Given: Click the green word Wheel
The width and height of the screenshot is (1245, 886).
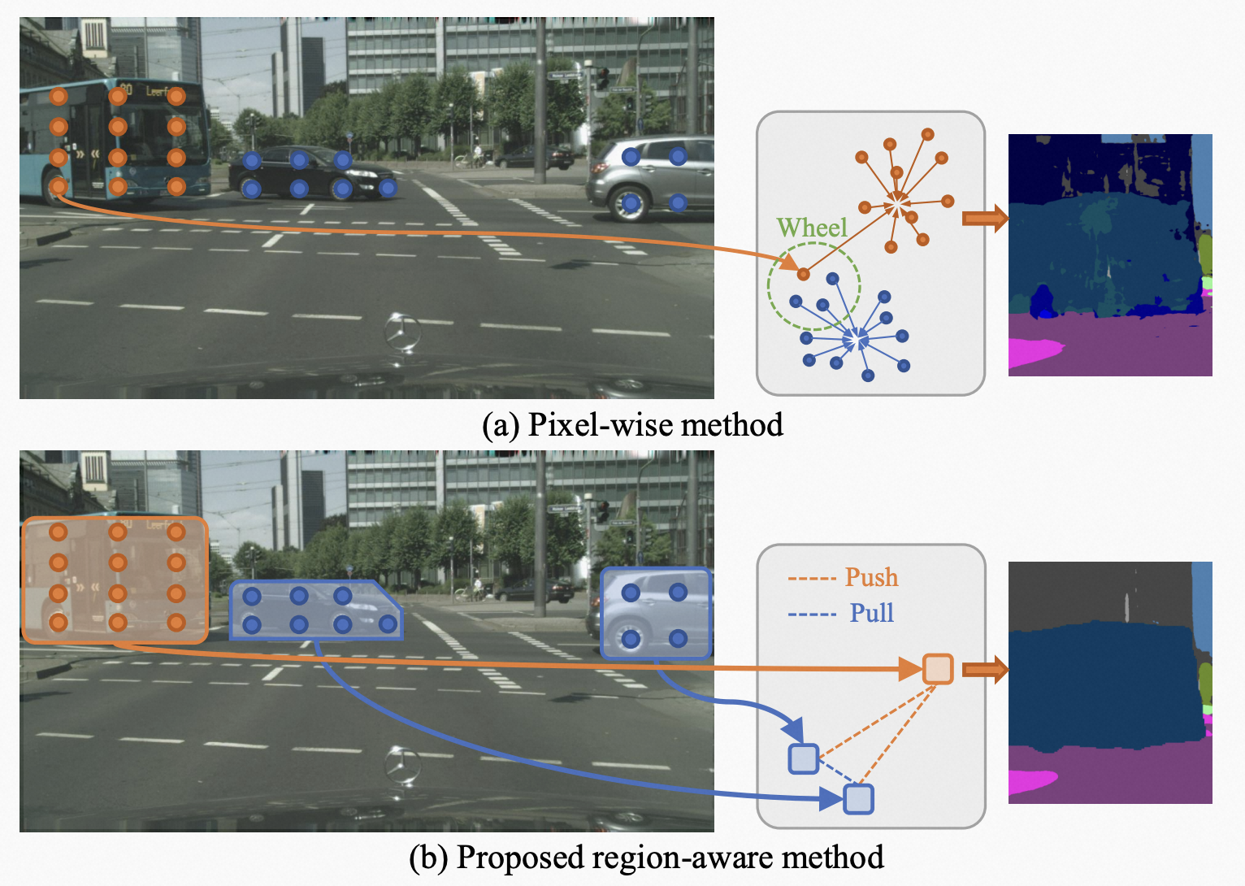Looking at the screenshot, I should point(811,228).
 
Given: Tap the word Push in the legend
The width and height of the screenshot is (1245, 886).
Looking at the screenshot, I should point(871,577).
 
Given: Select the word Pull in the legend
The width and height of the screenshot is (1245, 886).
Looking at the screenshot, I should point(871,613).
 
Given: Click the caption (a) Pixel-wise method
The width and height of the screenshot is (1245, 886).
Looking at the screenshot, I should point(632,424).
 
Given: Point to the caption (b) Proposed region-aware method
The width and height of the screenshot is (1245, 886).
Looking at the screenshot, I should point(646,858).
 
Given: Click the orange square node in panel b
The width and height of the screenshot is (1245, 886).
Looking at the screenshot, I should point(938,669).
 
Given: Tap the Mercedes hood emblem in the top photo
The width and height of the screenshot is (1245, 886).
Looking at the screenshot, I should point(403,332).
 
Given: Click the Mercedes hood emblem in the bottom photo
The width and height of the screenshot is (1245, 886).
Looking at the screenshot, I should point(403,766).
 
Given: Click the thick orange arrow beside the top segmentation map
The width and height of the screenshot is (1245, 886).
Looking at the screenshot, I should point(984,218).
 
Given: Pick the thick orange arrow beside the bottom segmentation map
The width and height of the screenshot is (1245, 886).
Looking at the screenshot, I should point(984,669).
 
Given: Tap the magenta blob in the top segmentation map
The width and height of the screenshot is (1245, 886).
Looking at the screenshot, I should point(1032,351).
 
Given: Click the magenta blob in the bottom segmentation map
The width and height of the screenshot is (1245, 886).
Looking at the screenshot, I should point(1030,782).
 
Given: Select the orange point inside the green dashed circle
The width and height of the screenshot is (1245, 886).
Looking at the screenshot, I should point(803,274).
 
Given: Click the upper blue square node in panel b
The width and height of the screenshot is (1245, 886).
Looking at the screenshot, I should point(803,758).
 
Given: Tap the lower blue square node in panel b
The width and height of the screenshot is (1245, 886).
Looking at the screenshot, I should point(858,799).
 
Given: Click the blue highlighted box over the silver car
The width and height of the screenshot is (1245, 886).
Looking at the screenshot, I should point(655,613).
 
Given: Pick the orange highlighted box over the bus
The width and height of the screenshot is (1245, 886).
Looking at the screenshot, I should point(115,580).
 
